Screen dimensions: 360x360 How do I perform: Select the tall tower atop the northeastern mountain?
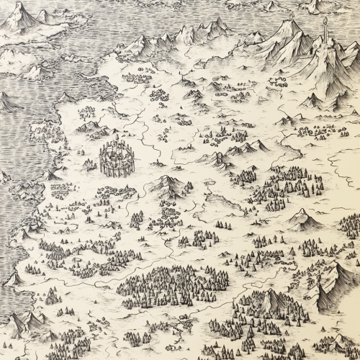pyautogui.click(x=326, y=32)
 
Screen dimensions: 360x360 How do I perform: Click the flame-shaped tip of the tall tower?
pyautogui.click(x=326, y=20)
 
